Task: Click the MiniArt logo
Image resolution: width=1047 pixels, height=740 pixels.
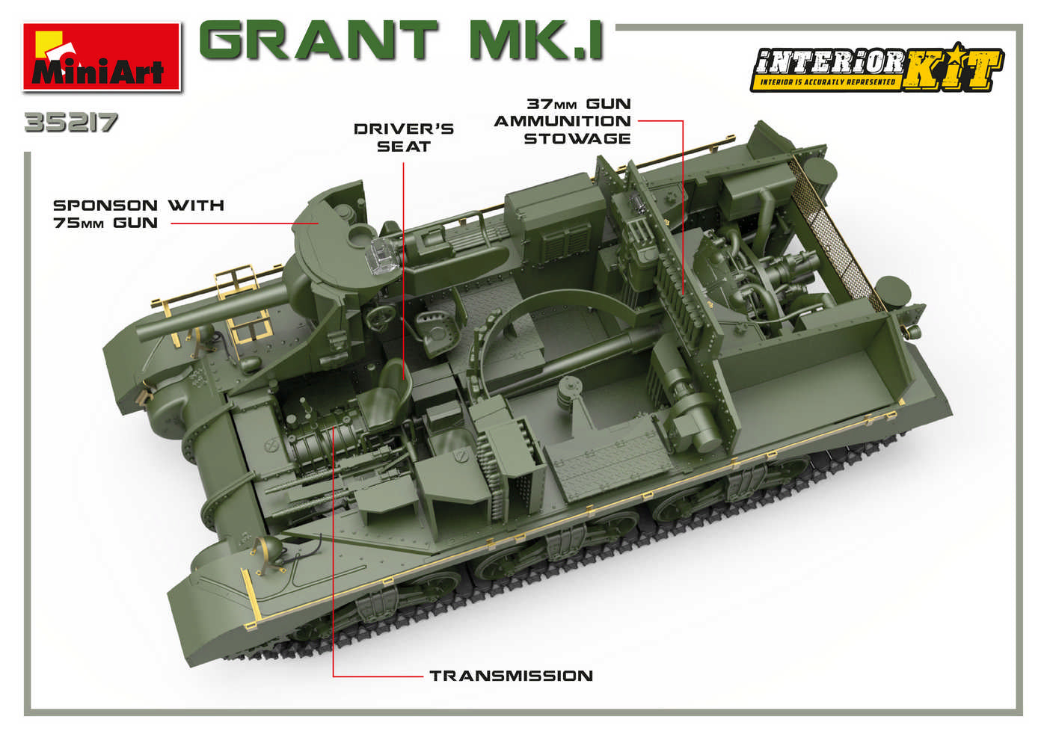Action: click(102, 58)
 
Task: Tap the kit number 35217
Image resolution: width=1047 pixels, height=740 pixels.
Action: click(70, 123)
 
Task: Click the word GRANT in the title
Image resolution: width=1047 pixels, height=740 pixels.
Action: click(319, 40)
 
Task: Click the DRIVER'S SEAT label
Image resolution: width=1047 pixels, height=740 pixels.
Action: click(404, 138)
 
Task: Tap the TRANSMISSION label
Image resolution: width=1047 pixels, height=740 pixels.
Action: click(511, 676)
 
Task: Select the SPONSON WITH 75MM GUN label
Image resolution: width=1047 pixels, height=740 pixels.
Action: click(138, 214)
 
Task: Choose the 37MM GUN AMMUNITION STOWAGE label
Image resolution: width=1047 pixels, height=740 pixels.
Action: click(562, 121)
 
